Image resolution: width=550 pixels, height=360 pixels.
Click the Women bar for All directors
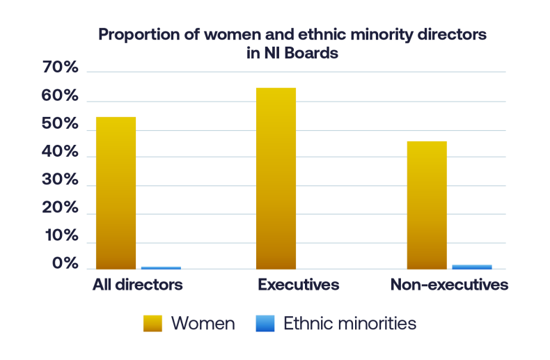point(116,193)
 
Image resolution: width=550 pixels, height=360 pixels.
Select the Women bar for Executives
point(276,178)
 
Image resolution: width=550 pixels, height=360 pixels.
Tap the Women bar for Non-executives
point(426,205)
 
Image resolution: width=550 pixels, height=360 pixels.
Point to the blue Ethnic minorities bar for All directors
point(161,267)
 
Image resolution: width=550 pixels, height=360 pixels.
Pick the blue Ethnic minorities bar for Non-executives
point(472,267)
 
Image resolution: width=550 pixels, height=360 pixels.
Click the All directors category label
point(137,285)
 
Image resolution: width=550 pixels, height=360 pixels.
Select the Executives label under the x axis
point(298,285)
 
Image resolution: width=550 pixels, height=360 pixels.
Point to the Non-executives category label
point(449,285)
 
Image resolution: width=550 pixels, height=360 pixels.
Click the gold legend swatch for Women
point(152,323)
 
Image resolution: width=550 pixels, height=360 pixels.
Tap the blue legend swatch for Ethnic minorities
point(265,323)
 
